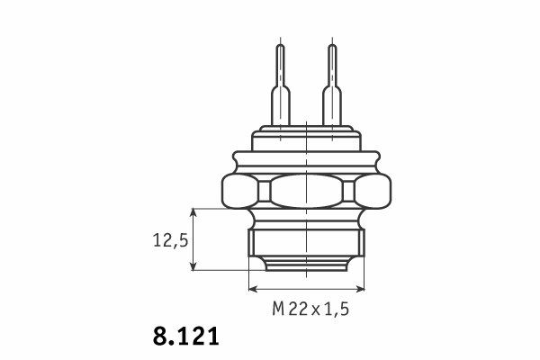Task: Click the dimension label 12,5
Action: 170,240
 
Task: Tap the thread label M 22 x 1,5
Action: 310,309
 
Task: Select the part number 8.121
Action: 185,336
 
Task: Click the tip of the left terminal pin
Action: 281,45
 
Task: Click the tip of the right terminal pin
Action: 332,45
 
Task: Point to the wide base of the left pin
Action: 281,106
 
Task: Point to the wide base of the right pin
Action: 332,106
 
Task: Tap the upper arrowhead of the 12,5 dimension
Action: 193,211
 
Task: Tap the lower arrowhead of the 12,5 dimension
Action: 193,266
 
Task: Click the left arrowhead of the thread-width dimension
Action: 252,289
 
